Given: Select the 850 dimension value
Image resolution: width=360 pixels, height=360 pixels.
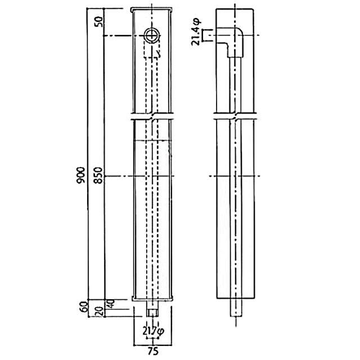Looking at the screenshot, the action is [x=98, y=175].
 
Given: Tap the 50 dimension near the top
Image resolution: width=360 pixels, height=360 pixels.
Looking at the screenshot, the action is [x=99, y=22].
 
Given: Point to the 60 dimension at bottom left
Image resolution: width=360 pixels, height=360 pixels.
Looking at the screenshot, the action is [x=84, y=307].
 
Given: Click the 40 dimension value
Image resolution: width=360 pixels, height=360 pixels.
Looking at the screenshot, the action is [x=111, y=304].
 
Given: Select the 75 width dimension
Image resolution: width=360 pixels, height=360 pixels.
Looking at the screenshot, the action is [x=153, y=351].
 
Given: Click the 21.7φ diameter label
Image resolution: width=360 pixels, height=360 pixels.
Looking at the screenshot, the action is [x=154, y=331].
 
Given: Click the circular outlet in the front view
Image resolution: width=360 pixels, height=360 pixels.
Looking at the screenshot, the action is [x=152, y=35].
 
